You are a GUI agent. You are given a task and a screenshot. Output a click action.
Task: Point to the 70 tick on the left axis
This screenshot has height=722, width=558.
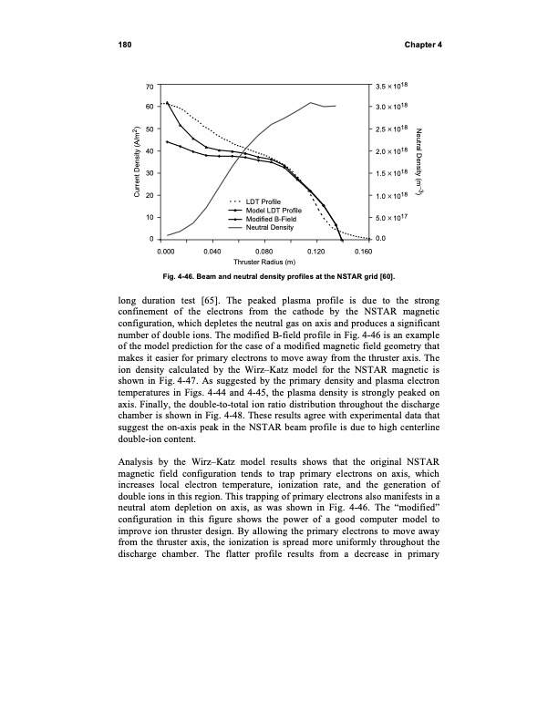149,87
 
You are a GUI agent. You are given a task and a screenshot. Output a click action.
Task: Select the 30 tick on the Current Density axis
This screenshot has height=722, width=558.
149,173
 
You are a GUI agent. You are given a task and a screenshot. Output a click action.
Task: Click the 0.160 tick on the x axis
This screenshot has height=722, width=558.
363,250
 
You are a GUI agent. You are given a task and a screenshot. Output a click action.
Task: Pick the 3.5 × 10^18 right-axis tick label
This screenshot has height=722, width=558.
394,87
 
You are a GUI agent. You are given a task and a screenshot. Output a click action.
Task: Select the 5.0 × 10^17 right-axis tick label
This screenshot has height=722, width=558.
394,217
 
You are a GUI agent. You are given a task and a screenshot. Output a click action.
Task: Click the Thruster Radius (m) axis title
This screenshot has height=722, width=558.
263,262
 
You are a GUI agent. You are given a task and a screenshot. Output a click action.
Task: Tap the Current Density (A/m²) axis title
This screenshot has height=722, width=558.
131,162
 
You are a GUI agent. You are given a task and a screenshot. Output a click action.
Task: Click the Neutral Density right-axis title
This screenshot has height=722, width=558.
418,162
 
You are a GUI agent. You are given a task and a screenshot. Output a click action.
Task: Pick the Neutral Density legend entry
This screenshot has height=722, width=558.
271,227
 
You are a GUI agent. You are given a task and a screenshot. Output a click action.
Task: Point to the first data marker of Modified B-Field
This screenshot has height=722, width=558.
167,141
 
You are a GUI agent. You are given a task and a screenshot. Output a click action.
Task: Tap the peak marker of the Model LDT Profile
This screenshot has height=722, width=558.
167,103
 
